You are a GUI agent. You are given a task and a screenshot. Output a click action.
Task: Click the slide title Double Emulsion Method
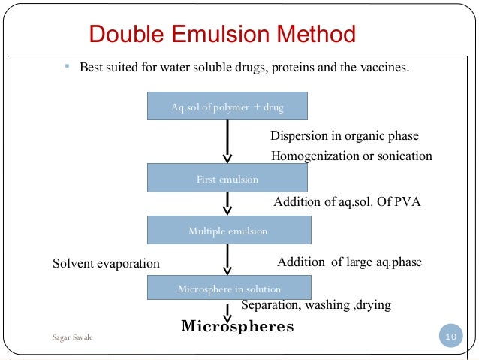221,35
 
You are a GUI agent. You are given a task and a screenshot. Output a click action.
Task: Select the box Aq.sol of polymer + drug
227,107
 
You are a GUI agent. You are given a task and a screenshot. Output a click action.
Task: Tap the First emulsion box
227,179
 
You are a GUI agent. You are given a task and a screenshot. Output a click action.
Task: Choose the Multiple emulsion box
227,231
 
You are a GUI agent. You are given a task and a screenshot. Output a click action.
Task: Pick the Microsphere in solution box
228,288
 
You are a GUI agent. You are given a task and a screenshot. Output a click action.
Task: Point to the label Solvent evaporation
106,264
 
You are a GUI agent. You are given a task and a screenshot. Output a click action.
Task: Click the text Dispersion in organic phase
344,136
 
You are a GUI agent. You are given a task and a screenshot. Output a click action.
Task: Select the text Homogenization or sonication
351,156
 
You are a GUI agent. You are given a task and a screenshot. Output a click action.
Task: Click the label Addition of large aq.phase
349,262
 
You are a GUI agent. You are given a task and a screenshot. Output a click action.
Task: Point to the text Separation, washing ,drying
315,305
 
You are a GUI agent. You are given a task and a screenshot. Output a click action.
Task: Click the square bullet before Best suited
66,68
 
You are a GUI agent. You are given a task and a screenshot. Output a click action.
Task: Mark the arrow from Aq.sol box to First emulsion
227,142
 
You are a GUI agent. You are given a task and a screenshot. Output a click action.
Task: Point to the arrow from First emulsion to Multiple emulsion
227,204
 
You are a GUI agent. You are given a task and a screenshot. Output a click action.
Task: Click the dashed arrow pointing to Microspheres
227,310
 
